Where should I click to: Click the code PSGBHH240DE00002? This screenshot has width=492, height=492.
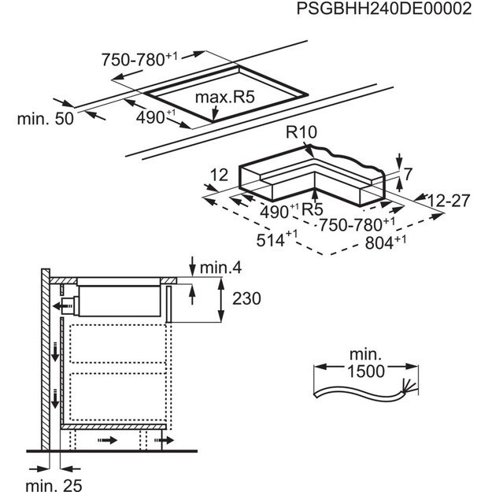click(383, 9)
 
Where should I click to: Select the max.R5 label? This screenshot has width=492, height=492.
click(224, 97)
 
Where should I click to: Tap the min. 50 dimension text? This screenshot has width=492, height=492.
click(46, 119)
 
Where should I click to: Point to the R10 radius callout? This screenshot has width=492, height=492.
click(301, 132)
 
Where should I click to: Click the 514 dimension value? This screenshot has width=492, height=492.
click(271, 241)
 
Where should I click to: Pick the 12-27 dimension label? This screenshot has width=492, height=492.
click(449, 201)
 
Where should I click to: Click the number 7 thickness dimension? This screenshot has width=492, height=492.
click(408, 175)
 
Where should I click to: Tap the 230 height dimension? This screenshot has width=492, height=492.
click(246, 298)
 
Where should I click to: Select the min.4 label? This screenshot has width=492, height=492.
click(220, 268)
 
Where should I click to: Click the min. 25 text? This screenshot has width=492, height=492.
click(54, 486)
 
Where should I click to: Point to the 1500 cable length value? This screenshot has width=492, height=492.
click(366, 372)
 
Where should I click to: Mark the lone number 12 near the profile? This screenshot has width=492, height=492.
click(219, 175)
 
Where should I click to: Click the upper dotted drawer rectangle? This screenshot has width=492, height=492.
click(118, 344)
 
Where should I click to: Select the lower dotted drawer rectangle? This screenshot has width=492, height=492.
click(118, 396)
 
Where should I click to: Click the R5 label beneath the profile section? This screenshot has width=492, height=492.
click(312, 209)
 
